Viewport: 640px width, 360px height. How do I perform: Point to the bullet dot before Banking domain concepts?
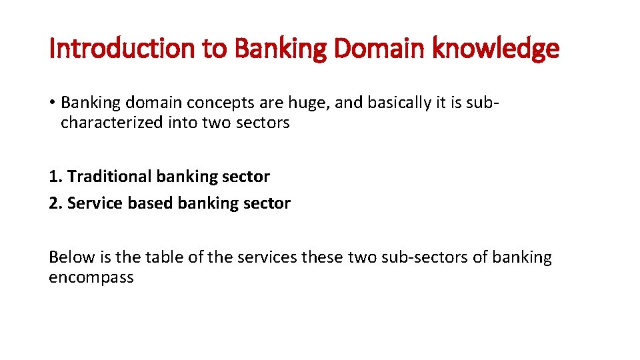point(52,103)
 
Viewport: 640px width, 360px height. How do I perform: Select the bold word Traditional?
point(110,177)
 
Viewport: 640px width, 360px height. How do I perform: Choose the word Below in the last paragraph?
point(69,257)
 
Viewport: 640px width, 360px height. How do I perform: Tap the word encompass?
point(91,277)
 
